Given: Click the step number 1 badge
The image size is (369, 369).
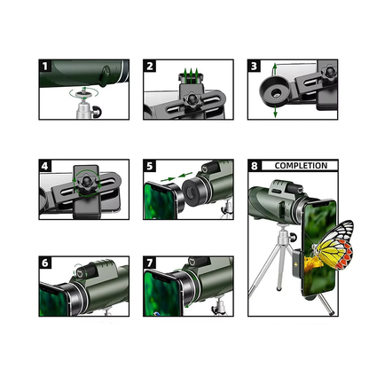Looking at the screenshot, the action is [x=45, y=66].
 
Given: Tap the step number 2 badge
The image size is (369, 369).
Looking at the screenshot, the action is [x=150, y=66].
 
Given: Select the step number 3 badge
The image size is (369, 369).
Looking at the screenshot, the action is [x=254, y=66].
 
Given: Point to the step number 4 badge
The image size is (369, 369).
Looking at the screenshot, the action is [x=45, y=166].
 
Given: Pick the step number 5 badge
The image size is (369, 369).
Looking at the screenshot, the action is [x=150, y=166].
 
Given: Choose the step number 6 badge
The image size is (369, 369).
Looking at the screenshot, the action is [x=45, y=263].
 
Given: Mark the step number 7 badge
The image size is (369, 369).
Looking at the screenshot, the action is [x=150, y=263].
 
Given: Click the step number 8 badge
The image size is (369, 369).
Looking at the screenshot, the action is [x=255, y=166].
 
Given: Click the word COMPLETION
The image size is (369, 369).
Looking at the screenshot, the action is [x=301, y=166].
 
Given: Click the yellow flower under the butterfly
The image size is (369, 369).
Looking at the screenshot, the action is [x=312, y=264].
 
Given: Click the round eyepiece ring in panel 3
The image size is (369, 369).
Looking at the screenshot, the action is [x=275, y=91].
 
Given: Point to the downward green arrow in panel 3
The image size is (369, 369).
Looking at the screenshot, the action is [x=275, y=112].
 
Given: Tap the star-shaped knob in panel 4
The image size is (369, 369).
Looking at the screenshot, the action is [x=87, y=182].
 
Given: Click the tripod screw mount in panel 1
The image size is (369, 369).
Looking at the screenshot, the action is [x=84, y=95].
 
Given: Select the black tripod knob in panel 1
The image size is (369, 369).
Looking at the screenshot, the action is [x=97, y=112].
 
